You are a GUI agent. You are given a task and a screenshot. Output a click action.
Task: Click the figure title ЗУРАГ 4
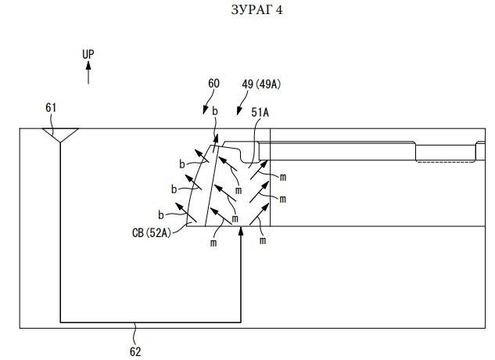pos(256,9)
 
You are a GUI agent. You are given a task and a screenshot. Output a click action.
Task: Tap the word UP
pos(88,54)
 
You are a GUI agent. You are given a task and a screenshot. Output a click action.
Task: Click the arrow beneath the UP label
pos(88,73)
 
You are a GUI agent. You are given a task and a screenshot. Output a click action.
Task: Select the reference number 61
pos(51,108)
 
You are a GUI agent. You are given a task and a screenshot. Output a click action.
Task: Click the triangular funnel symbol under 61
pos(60,135)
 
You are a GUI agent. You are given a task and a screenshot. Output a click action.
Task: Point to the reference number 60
pos(213,84)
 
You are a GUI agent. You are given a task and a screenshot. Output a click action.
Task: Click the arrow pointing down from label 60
pos(208,102)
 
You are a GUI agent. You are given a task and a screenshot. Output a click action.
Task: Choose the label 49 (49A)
pos(261,84)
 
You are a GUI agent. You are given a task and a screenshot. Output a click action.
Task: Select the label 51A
pos(260,113)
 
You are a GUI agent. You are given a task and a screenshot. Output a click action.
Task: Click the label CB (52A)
pos(152,233)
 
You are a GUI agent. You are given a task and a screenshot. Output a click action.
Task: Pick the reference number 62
pos(135,351)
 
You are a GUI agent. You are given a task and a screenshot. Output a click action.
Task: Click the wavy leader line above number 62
pos(136,334)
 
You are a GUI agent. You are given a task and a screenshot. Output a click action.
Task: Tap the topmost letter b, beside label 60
pos(215,111)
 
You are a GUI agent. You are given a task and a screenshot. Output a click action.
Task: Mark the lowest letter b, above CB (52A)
pos(161,215)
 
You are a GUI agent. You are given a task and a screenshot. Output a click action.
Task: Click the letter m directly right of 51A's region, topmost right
pos(283,178)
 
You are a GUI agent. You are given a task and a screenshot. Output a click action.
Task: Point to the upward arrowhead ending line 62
pos(241,231)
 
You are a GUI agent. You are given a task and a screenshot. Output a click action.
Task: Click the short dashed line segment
pos(446,162)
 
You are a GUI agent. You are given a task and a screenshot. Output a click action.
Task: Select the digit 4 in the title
pos(279,10)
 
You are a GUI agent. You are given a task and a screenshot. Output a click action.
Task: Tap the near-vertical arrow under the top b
pos(215,144)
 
